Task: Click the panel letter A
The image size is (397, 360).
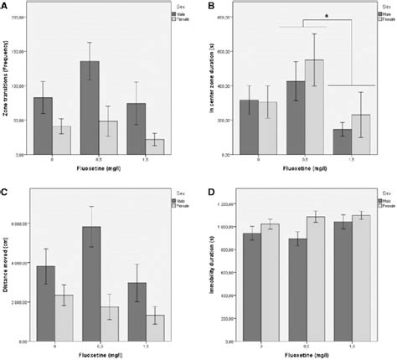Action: (5, 6)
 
